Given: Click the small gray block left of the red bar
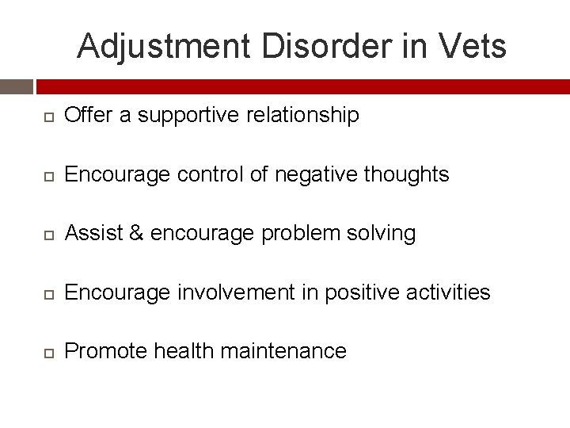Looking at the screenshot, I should tap(16, 86).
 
